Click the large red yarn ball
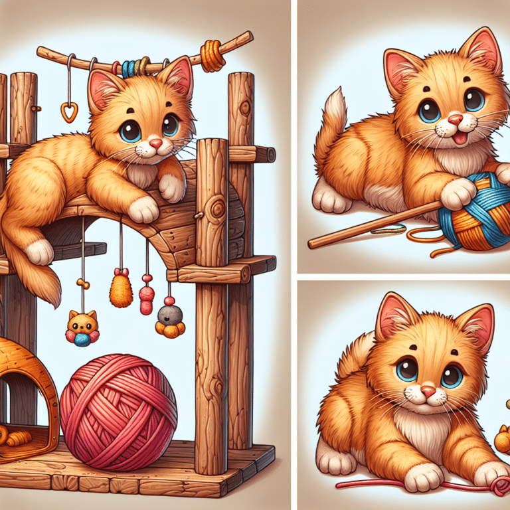[118, 412]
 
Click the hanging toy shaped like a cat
[82, 328]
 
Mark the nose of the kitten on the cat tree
[155, 143]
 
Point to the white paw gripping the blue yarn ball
[458, 193]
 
